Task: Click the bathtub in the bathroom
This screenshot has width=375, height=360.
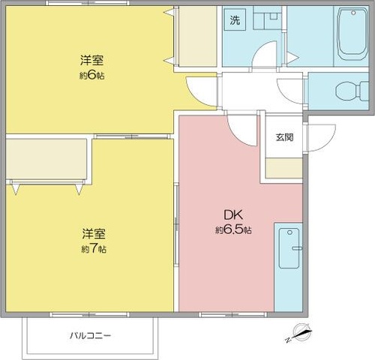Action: tap(351, 34)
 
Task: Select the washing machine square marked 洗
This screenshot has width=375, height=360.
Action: tap(235, 20)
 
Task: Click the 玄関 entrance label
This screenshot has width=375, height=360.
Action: tap(284, 137)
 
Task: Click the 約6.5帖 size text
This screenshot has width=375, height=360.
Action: tap(232, 230)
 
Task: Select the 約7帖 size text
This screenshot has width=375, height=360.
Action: tap(94, 248)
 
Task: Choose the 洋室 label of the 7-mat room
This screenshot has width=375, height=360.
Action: tap(94, 234)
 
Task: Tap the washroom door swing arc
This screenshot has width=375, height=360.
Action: tap(264, 56)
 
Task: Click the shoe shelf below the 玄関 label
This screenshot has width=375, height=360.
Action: tap(284, 169)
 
